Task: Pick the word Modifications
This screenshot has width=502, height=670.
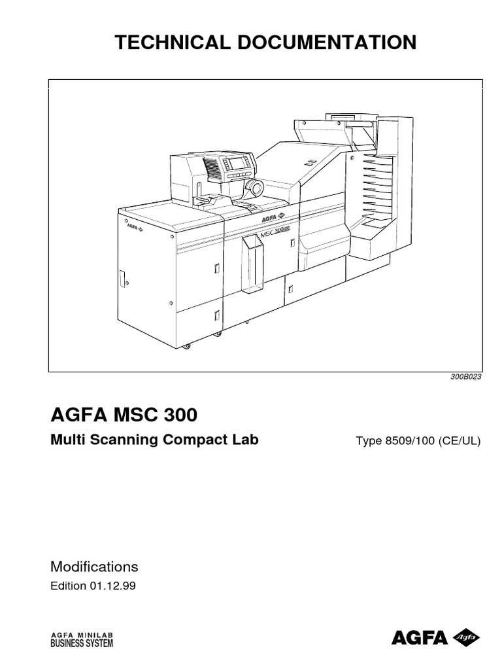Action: point(94,567)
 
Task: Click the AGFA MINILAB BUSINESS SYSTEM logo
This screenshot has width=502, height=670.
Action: point(82,639)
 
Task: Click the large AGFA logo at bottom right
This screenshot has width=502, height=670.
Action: point(435,637)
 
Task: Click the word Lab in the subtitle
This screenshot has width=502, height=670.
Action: point(246,440)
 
